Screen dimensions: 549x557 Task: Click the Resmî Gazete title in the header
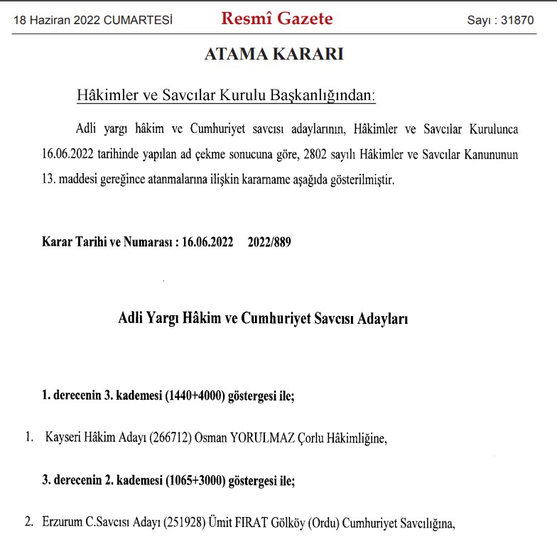[x=276, y=19]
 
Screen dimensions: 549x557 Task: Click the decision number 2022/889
[x=269, y=241]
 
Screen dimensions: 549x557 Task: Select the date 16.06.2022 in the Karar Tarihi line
[x=207, y=241]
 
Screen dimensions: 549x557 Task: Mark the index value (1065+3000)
[x=195, y=481]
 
